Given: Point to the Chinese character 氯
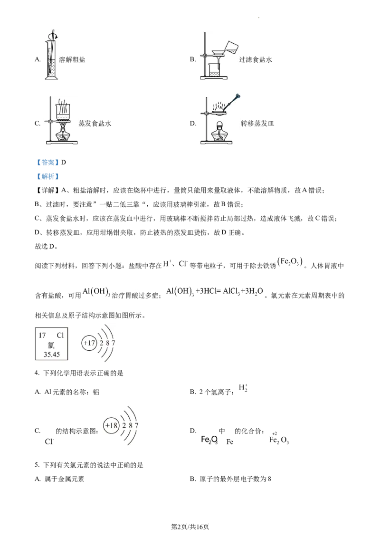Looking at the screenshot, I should tap(51, 345).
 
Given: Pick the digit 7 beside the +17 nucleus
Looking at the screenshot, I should tap(114, 343).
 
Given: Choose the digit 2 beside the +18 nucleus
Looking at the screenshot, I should tap(124, 425).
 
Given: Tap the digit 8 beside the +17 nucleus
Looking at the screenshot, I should tap(107, 343).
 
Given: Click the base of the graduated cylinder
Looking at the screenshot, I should tap(51, 78).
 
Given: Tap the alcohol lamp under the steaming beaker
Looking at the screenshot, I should tap(62, 134).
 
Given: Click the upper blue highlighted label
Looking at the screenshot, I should tap(48, 163).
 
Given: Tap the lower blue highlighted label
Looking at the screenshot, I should tap(48, 177).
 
